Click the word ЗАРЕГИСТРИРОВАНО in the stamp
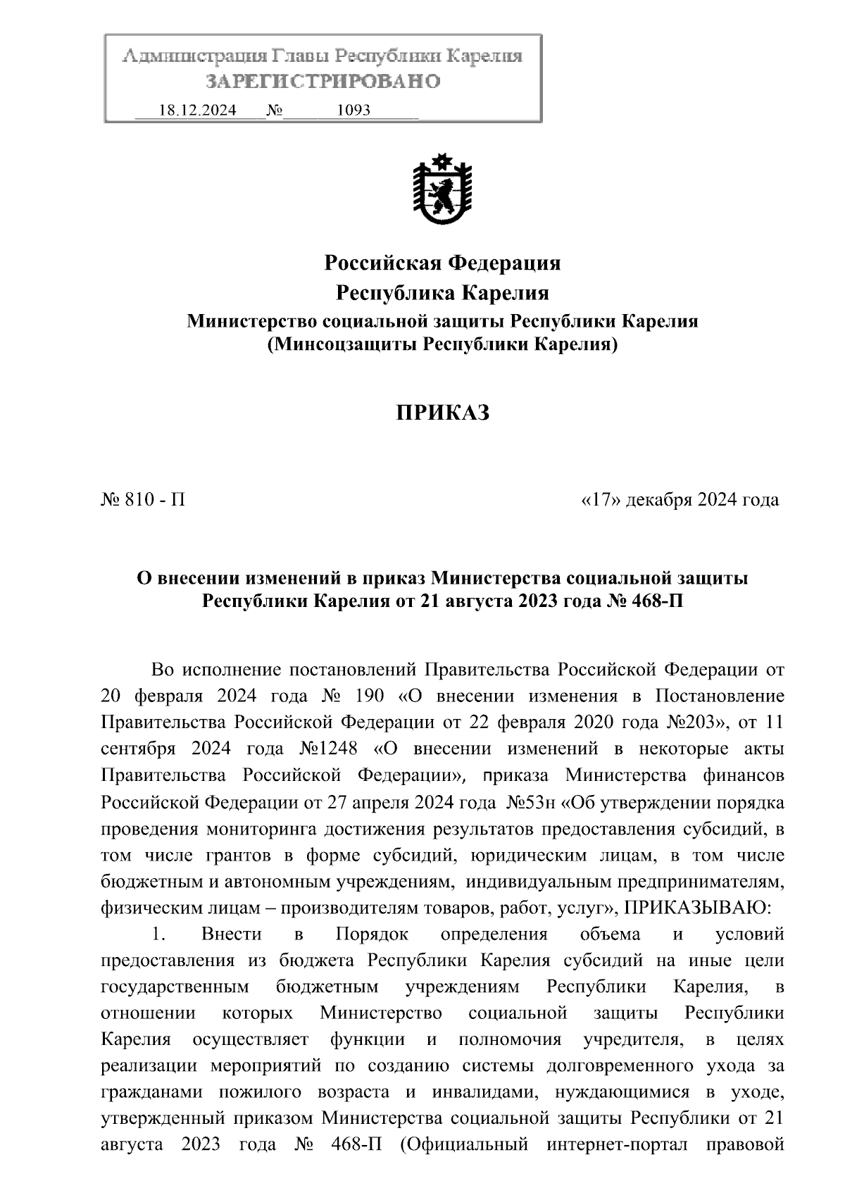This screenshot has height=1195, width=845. (x=323, y=82)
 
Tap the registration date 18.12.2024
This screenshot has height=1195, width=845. (x=198, y=111)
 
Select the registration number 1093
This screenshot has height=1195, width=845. (x=354, y=111)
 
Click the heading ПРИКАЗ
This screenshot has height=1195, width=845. (x=442, y=413)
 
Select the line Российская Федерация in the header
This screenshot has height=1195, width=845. (x=442, y=263)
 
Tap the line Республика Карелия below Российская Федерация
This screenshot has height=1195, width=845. (x=442, y=292)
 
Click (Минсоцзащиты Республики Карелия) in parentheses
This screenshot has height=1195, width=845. (x=442, y=344)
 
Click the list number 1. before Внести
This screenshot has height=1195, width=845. (x=157, y=934)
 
